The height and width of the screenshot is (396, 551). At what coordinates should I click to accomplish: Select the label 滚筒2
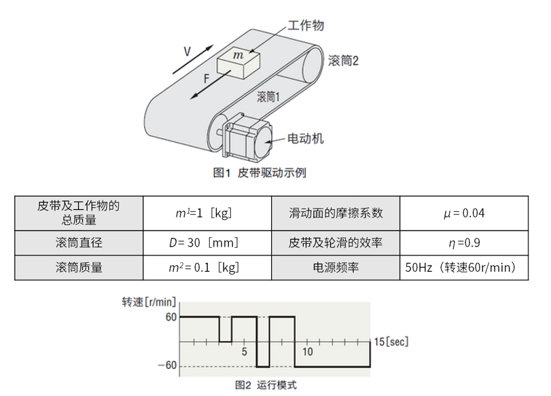(342, 60)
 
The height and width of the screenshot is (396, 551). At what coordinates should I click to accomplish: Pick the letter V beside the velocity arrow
(187, 52)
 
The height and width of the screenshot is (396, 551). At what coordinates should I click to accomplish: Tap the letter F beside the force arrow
(206, 79)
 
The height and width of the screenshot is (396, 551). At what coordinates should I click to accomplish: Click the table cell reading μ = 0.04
(464, 213)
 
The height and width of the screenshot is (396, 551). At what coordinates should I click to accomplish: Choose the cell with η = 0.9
(464, 242)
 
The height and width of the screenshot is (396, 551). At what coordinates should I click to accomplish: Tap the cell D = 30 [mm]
(207, 242)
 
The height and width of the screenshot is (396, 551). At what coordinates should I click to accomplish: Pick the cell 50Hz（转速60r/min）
(464, 267)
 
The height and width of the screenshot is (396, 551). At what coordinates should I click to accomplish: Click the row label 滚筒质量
(79, 267)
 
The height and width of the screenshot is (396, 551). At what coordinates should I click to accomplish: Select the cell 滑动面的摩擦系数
(336, 213)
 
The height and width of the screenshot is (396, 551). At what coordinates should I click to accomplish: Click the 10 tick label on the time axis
(307, 351)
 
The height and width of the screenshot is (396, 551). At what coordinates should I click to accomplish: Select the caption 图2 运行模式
(266, 385)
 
